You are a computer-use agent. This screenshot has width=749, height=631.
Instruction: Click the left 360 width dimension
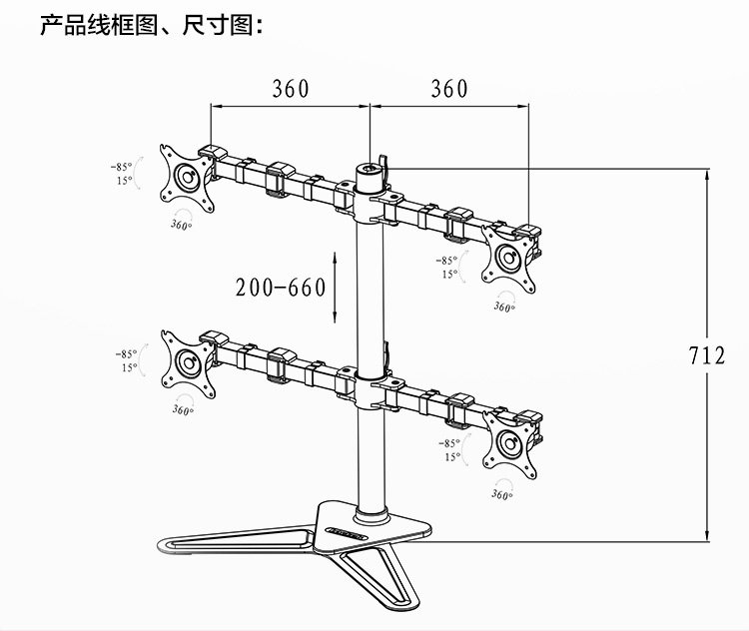click(x=291, y=89)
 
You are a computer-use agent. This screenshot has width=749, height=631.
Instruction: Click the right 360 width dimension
click(x=449, y=89)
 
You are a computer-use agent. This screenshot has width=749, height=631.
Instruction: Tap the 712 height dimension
click(x=706, y=354)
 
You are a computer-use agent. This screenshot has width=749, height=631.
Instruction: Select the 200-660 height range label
click(x=281, y=289)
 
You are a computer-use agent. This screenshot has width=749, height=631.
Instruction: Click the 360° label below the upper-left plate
click(x=181, y=227)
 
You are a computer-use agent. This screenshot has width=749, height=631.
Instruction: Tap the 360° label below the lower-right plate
click(x=501, y=494)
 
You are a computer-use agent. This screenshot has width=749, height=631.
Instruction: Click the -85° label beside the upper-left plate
click(x=122, y=167)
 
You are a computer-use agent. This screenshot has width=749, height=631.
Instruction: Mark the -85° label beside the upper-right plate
click(x=447, y=260)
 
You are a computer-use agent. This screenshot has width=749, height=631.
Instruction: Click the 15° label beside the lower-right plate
click(x=452, y=457)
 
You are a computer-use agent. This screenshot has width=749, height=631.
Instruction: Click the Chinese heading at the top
click(x=151, y=24)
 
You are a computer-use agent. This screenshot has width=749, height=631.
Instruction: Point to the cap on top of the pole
click(x=372, y=170)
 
